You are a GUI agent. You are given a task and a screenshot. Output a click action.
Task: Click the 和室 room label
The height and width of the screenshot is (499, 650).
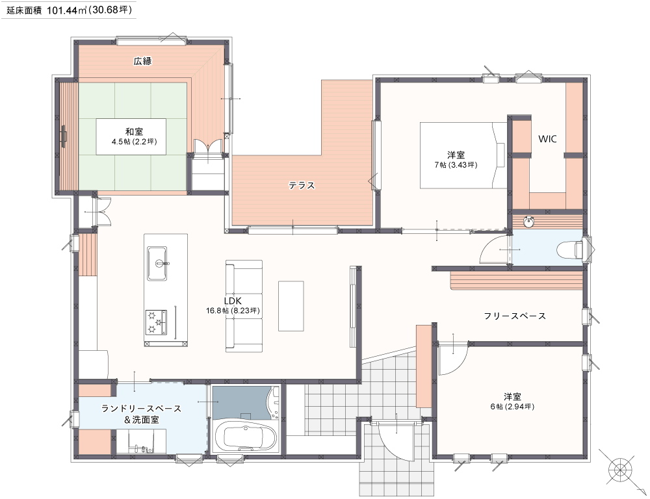[x=135, y=132]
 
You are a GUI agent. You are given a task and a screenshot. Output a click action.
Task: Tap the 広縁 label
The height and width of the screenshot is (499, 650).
[x=142, y=61]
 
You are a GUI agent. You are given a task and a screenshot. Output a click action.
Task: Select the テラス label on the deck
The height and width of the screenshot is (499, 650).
[x=302, y=185]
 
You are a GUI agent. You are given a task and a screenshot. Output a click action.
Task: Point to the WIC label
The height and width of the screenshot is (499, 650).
[x=547, y=139]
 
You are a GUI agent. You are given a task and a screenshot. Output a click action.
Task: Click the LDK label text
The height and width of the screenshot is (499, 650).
[x=233, y=301]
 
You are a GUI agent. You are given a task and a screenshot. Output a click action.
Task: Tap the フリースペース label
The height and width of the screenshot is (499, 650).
[x=515, y=316]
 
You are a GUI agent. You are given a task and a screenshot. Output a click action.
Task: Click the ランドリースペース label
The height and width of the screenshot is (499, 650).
[x=141, y=409]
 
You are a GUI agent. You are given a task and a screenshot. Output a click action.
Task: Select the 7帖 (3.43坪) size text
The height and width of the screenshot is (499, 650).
[x=456, y=165]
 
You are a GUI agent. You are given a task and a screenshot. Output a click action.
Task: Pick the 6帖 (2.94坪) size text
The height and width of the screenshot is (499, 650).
[x=512, y=407]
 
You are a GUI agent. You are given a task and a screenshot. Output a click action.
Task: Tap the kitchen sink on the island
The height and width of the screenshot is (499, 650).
[x=157, y=263]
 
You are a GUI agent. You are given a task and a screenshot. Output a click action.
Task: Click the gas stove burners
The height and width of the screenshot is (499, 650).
[x=156, y=322]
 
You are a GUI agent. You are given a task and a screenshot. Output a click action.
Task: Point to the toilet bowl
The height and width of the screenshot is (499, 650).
[x=568, y=249]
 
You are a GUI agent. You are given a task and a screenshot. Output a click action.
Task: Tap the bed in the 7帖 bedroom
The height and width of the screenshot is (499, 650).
[x=463, y=155]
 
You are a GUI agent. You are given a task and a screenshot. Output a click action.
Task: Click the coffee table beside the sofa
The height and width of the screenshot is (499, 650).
[x=291, y=306]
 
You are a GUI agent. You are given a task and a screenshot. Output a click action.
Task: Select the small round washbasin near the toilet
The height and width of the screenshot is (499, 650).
[x=528, y=222]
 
